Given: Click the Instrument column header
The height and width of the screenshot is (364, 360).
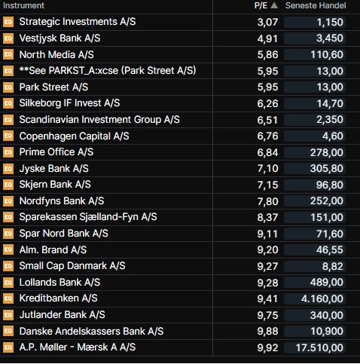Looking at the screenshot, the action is pyautogui.click(x=23, y=5).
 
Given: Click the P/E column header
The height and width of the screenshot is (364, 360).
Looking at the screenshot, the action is pyautogui.click(x=261, y=5).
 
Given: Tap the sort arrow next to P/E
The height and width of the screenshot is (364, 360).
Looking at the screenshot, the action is pyautogui.click(x=274, y=5).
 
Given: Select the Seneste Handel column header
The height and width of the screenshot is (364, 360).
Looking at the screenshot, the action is pyautogui.click(x=316, y=5).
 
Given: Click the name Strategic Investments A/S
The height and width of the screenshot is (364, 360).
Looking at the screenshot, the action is pyautogui.click(x=78, y=22).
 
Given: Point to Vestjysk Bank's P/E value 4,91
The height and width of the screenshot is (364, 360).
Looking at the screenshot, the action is pyautogui.click(x=267, y=38).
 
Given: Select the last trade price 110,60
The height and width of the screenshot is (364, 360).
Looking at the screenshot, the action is pyautogui.click(x=327, y=55).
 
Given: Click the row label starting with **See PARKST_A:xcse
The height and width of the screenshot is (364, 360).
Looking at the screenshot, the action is pyautogui.click(x=108, y=71).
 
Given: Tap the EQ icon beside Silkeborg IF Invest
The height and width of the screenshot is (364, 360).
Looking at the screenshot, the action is pyautogui.click(x=8, y=103).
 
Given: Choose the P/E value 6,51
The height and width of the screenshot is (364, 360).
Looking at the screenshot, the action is pyautogui.click(x=267, y=120).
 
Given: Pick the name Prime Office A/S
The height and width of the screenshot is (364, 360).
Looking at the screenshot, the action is pyautogui.click(x=56, y=152).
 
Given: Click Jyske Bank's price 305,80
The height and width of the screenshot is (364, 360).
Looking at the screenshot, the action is pyautogui.click(x=326, y=169).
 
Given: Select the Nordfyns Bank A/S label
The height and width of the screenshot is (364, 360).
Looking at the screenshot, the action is pyautogui.click(x=62, y=201).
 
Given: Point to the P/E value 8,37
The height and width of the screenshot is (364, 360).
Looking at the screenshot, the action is pyautogui.click(x=267, y=218).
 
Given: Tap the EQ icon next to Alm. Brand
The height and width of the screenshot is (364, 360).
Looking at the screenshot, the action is pyautogui.click(x=8, y=249).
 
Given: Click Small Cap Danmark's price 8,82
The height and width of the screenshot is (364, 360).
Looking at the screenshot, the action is pyautogui.click(x=333, y=266).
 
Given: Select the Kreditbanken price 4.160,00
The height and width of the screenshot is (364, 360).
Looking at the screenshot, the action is pyautogui.click(x=322, y=299).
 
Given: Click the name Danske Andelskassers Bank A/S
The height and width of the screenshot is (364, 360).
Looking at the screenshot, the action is pyautogui.click(x=91, y=332).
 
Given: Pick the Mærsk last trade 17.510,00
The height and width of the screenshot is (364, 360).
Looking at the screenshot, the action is pyautogui.click(x=319, y=348).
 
